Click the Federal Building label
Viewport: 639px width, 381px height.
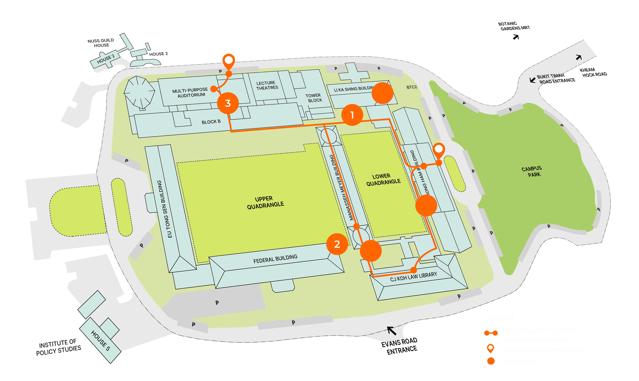coord(275,259)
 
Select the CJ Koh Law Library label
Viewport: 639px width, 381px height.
coord(413,277)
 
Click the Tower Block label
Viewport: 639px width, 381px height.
coord(314,98)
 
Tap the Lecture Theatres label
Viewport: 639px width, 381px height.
coord(267,85)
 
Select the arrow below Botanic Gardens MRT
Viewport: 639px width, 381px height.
coord(516,37)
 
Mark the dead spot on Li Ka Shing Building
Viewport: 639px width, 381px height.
coord(382,93)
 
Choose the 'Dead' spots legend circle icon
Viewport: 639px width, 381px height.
coord(491,361)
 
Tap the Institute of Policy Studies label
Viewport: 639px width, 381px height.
coord(58,347)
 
